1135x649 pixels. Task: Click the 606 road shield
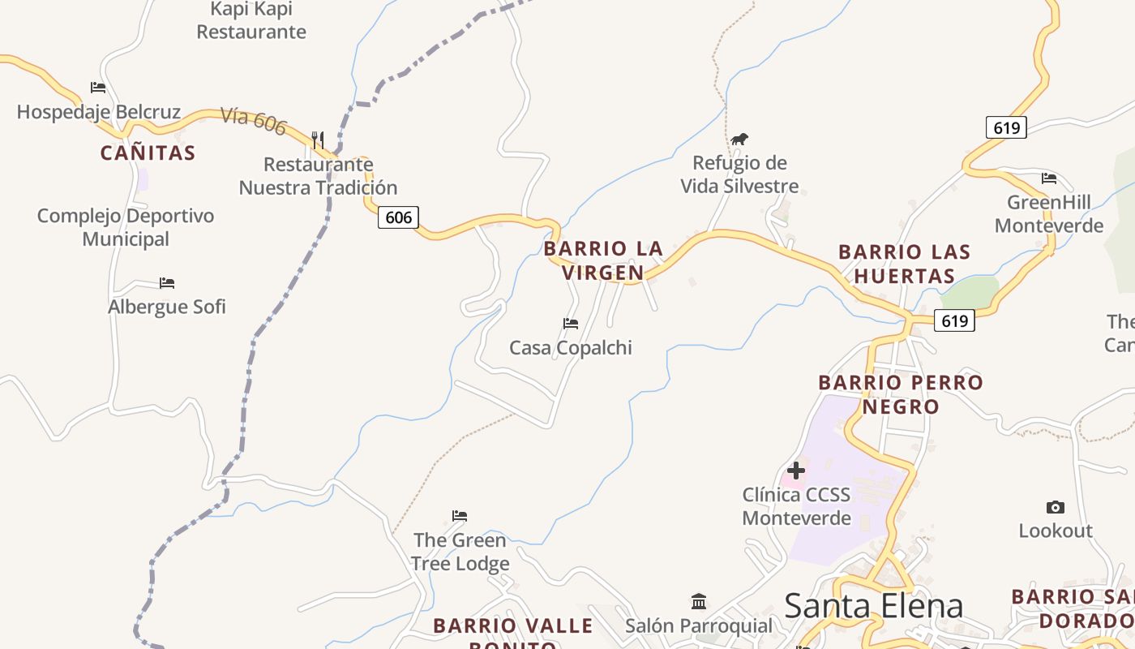pyautogui.click(x=399, y=217)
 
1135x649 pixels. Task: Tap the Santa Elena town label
pyautogui.click(x=874, y=605)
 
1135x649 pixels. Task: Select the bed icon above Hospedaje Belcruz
pyautogui.click(x=98, y=88)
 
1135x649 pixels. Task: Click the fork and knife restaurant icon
pyautogui.click(x=318, y=140)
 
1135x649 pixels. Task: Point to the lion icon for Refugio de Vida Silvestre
pyautogui.click(x=739, y=140)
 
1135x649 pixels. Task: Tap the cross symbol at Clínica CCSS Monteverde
pyautogui.click(x=796, y=470)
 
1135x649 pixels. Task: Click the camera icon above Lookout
pyautogui.click(x=1055, y=507)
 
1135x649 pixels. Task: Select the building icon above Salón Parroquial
pyautogui.click(x=699, y=601)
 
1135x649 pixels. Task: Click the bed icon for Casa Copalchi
pyautogui.click(x=571, y=324)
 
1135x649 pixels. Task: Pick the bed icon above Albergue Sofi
pyautogui.click(x=167, y=283)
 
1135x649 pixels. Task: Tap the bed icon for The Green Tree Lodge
pyautogui.click(x=460, y=516)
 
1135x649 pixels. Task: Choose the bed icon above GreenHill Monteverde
pyautogui.click(x=1049, y=178)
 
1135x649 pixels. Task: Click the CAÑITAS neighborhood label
pyautogui.click(x=148, y=153)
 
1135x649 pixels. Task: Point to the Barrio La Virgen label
pyautogui.click(x=603, y=260)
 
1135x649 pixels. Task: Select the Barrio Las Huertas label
pyautogui.click(x=904, y=264)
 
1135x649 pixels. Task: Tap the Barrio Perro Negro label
pyautogui.click(x=901, y=394)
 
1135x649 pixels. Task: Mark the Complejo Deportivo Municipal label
pyautogui.click(x=126, y=227)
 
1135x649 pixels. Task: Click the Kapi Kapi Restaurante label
pyautogui.click(x=251, y=20)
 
